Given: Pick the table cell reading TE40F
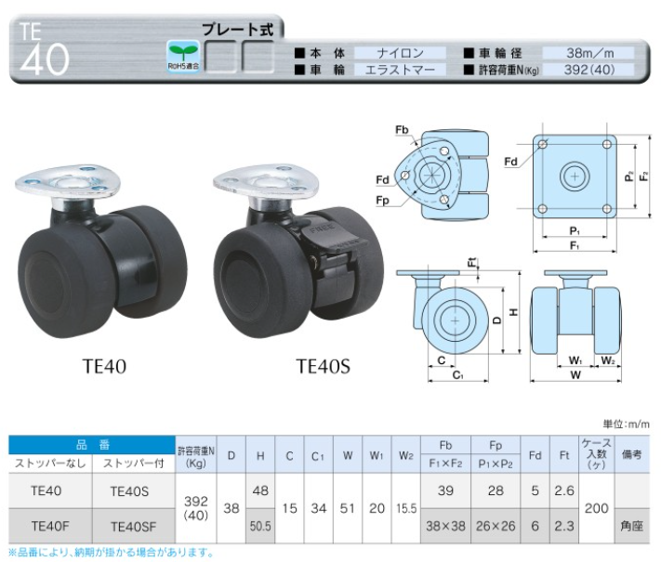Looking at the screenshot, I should coord(50,526).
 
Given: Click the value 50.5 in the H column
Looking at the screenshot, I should coord(260,526).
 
